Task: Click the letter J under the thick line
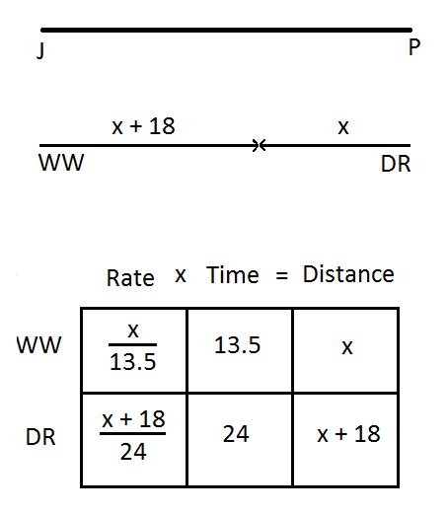pyautogui.click(x=40, y=51)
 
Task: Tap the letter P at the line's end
pyautogui.click(x=414, y=47)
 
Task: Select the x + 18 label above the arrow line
pyautogui.click(x=143, y=126)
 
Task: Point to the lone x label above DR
pyautogui.click(x=343, y=128)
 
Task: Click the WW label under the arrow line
pyautogui.click(x=61, y=163)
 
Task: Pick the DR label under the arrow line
pyautogui.click(x=396, y=164)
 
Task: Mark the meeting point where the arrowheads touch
pyautogui.click(x=260, y=145)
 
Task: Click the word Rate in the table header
pyautogui.click(x=130, y=278)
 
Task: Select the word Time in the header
pyautogui.click(x=233, y=275)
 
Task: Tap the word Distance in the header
pyautogui.click(x=348, y=274)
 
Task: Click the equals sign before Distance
pyautogui.click(x=282, y=275)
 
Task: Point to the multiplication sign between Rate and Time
pyautogui.click(x=181, y=275)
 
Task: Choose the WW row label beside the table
pyautogui.click(x=38, y=345)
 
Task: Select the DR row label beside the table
pyautogui.click(x=40, y=437)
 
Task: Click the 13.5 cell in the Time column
pyautogui.click(x=237, y=345)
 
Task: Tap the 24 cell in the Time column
pyautogui.click(x=236, y=434)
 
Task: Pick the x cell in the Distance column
pyautogui.click(x=347, y=348)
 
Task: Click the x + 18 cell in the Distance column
pyautogui.click(x=348, y=434)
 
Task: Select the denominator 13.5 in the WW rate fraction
pyautogui.click(x=132, y=362)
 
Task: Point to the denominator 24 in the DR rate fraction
pyautogui.click(x=133, y=452)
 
